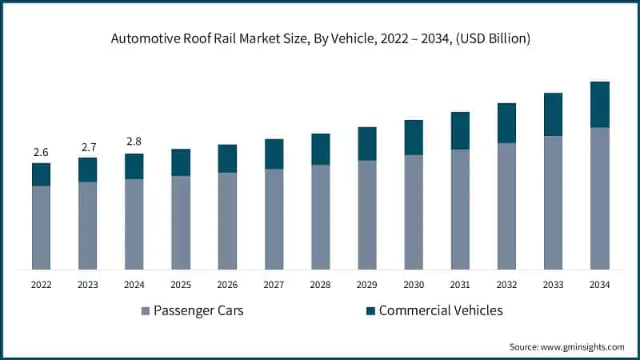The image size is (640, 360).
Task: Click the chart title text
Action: pyautogui.click(x=320, y=38)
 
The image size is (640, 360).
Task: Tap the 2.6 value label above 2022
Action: pyautogui.click(x=41, y=152)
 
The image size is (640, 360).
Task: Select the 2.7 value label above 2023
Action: pyautogui.click(x=87, y=147)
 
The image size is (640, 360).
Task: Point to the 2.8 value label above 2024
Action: pyautogui.click(x=134, y=142)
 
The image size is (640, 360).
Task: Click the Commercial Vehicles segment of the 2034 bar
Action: pyautogui.click(x=599, y=105)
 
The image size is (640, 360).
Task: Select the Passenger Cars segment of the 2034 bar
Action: pyautogui.click(x=599, y=198)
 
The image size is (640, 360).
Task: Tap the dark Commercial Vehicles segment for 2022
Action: pyautogui.click(x=41, y=174)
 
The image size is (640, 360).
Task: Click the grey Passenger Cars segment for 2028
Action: pyautogui.click(x=320, y=217)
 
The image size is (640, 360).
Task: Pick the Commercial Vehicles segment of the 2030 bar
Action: pyautogui.click(x=413, y=138)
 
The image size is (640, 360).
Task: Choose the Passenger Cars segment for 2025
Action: pyautogui.click(x=181, y=222)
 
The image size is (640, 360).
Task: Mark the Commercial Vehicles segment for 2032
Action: pyautogui.click(x=506, y=123)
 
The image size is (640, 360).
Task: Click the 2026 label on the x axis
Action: pyautogui.click(x=227, y=284)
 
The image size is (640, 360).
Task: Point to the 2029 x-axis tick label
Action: pyautogui.click(x=366, y=284)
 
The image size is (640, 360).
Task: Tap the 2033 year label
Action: pyautogui.click(x=553, y=284)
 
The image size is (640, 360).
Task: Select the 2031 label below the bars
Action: pyautogui.click(x=460, y=284)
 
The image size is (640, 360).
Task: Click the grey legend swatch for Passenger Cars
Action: pyautogui.click(x=146, y=310)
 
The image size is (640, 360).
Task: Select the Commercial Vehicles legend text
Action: pyautogui.click(x=441, y=310)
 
